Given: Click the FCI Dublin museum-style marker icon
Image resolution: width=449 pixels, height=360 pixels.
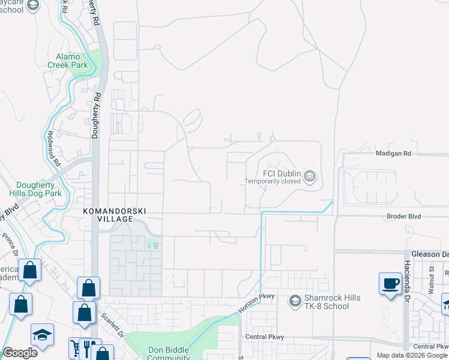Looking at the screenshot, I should pos(310,176).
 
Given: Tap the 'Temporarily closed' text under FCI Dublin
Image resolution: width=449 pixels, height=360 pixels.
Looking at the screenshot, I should pos(273,181).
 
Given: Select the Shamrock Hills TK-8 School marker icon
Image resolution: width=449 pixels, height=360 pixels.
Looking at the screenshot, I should pos(295,300).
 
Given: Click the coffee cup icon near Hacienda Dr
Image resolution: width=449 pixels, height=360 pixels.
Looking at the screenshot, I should pos(390,283).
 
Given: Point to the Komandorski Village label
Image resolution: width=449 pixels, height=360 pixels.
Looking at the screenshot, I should pos(116,215).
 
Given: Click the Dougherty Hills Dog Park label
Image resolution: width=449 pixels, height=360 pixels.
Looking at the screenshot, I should pos(35,190).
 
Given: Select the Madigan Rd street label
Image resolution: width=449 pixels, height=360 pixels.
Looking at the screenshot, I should pos(393,154).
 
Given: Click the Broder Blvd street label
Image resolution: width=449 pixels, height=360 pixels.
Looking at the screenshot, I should pos(403,216).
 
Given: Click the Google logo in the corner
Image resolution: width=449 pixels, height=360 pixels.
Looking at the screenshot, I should pos(20,353).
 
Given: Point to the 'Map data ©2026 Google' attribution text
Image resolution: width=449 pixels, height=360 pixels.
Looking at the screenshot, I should pos(412,355).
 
